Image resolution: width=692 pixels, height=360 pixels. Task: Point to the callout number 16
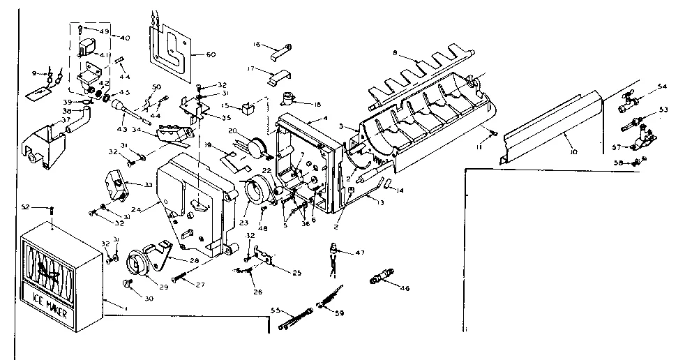click(257, 44)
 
